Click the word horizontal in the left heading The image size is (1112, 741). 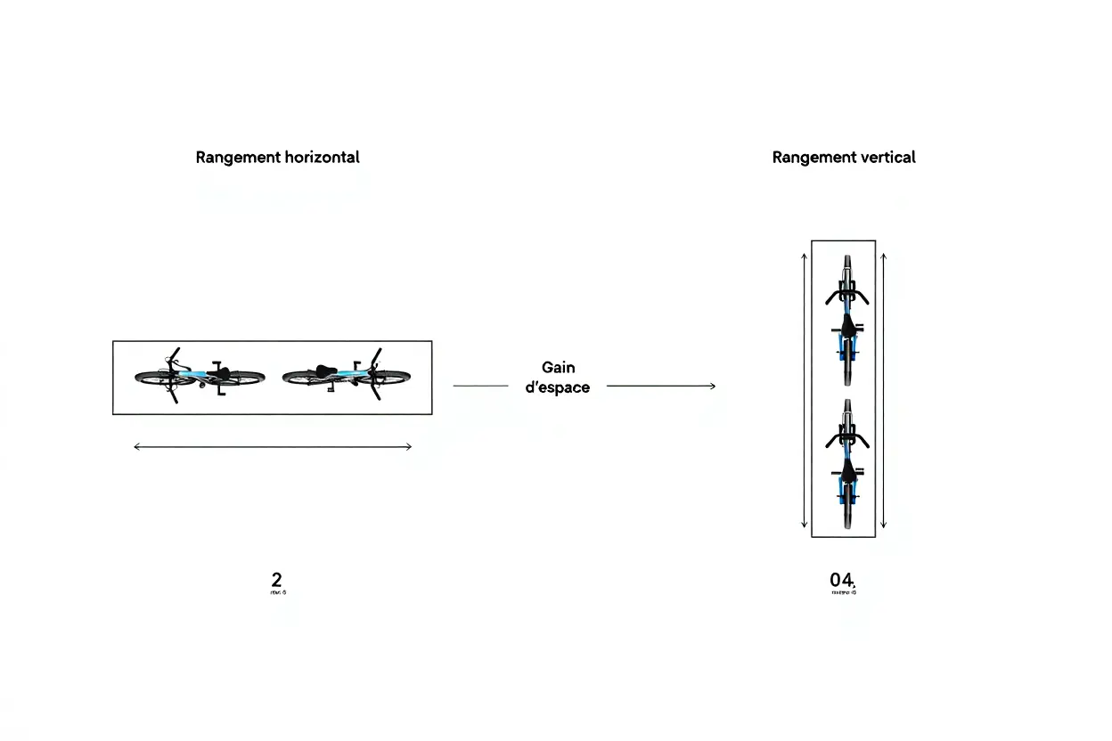point(322,158)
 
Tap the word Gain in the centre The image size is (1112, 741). point(558,367)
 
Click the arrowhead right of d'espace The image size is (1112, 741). point(711,386)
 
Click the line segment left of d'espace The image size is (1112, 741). point(480,386)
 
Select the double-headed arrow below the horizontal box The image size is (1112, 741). point(273,446)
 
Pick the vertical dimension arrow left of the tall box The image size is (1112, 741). point(805,389)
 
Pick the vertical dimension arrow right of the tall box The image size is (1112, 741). point(883,389)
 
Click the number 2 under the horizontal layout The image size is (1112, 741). point(276,581)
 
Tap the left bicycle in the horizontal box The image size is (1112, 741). point(200,377)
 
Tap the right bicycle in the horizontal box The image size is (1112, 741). point(347,377)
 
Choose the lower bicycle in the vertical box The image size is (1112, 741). point(846,463)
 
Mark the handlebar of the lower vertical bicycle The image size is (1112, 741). point(846,439)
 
